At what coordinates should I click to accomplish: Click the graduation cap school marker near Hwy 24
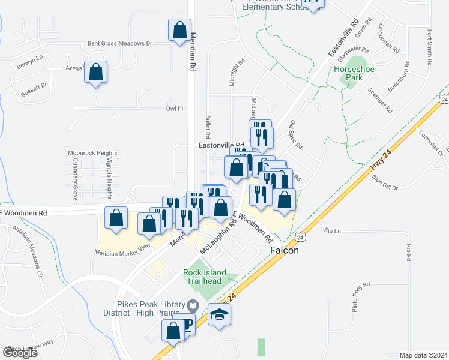220,315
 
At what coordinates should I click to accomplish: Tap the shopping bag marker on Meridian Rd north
179,31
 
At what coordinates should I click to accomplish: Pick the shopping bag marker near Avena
96,73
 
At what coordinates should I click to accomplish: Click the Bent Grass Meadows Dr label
120,43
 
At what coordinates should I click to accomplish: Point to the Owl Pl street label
174,109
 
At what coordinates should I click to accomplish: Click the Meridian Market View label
122,253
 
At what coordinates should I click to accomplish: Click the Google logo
20,353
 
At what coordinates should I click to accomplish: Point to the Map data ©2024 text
423,355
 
